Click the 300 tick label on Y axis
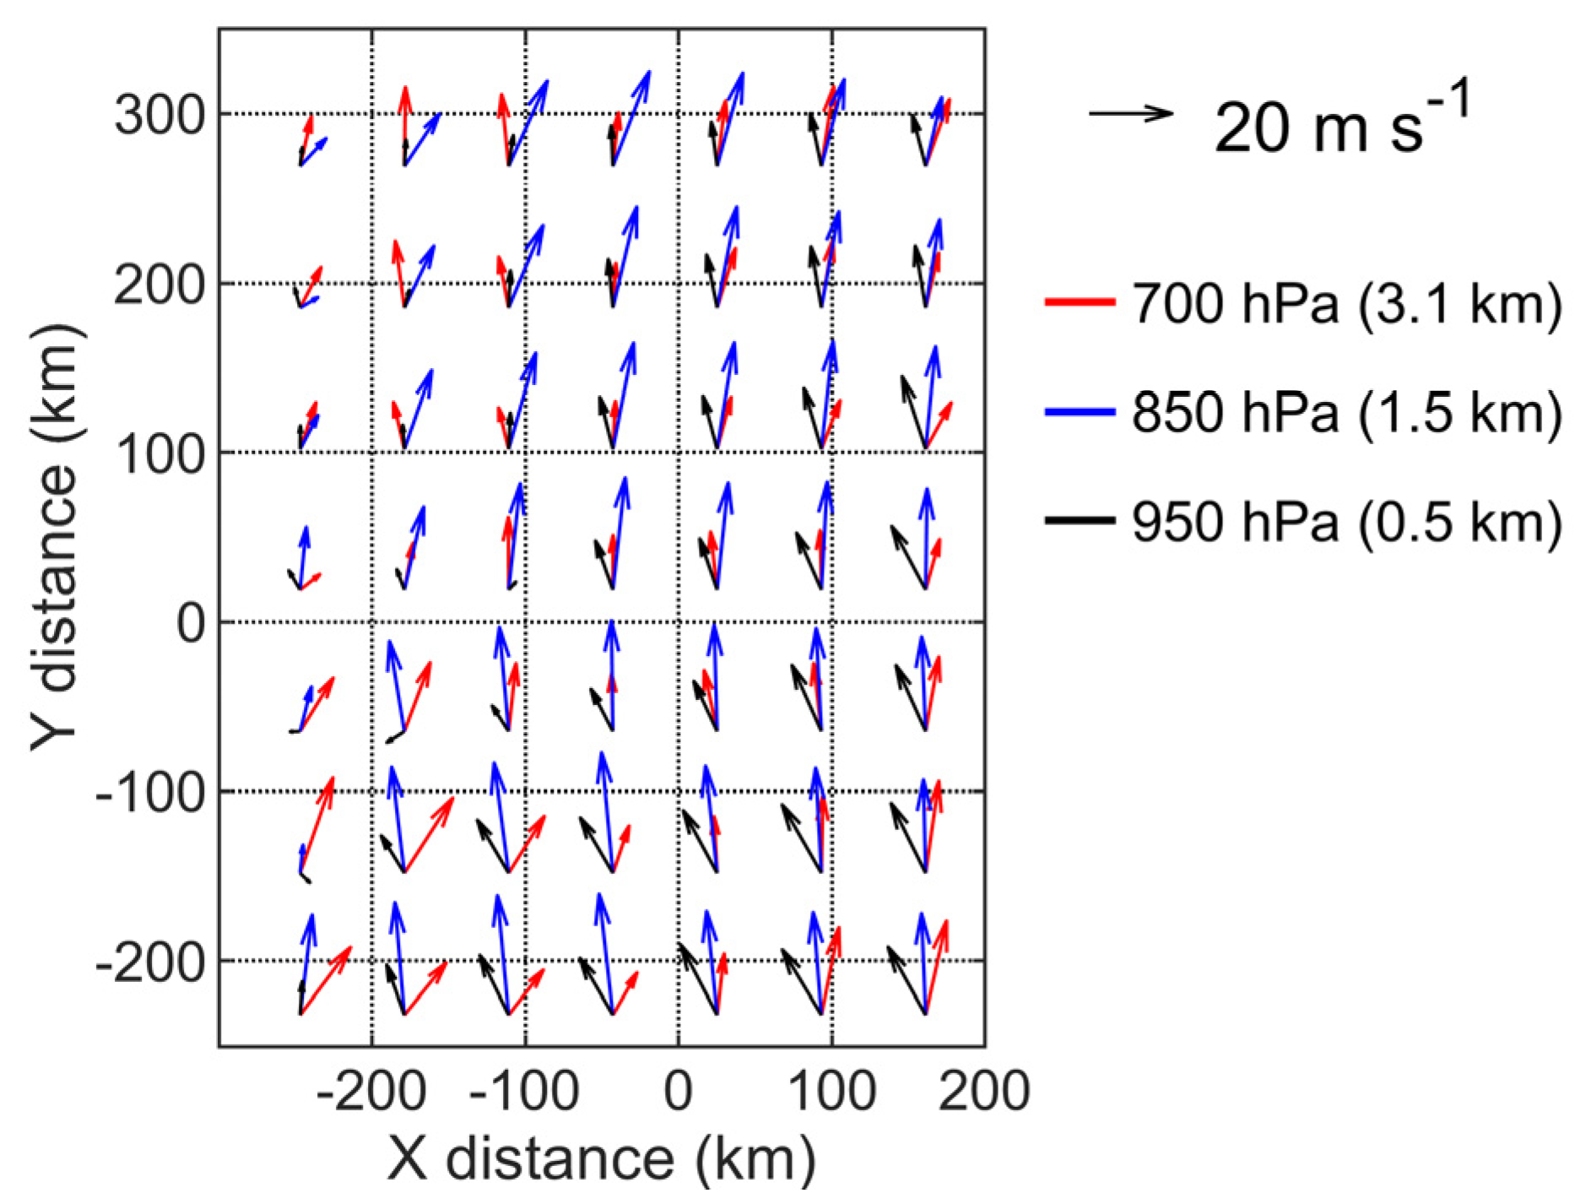(160, 115)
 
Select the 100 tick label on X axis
(831, 1091)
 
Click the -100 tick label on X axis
(524, 1091)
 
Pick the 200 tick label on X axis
(983, 1091)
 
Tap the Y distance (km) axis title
(56, 537)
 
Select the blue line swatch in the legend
(1080, 412)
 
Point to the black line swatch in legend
(1080, 520)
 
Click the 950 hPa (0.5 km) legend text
(1346, 521)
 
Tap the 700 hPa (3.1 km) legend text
(1346, 303)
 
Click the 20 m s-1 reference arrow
(1130, 114)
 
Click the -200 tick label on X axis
(371, 1091)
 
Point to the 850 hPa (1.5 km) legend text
(1346, 413)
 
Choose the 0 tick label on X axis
(678, 1091)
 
